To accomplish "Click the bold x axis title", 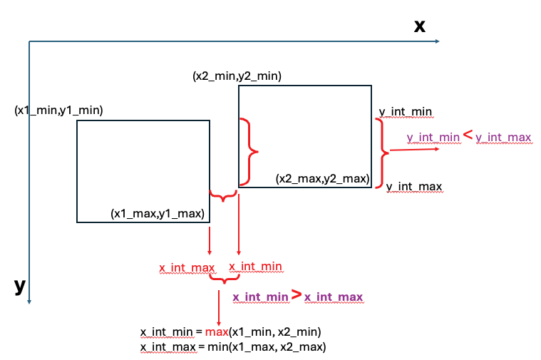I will [420, 26].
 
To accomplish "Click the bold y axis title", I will [20, 286].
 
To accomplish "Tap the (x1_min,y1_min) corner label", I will [59, 110].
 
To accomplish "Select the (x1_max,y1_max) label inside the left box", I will [158, 212].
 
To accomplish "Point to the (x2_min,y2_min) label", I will [237, 76].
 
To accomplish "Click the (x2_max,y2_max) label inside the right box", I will [322, 179].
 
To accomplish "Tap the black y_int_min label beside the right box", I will [405, 112].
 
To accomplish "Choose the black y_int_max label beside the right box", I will [413, 187].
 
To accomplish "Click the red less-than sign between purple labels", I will [468, 134].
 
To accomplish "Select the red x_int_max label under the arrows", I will [187, 268].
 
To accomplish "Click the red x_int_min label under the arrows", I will [254, 266].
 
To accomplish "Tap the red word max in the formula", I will [215, 332].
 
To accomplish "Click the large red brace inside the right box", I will [249, 152].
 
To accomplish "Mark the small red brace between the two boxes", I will [224, 195].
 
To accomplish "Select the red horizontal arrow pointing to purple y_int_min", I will [414, 149].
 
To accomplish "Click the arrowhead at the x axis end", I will [436, 41].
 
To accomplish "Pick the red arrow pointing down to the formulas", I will [218, 307].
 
